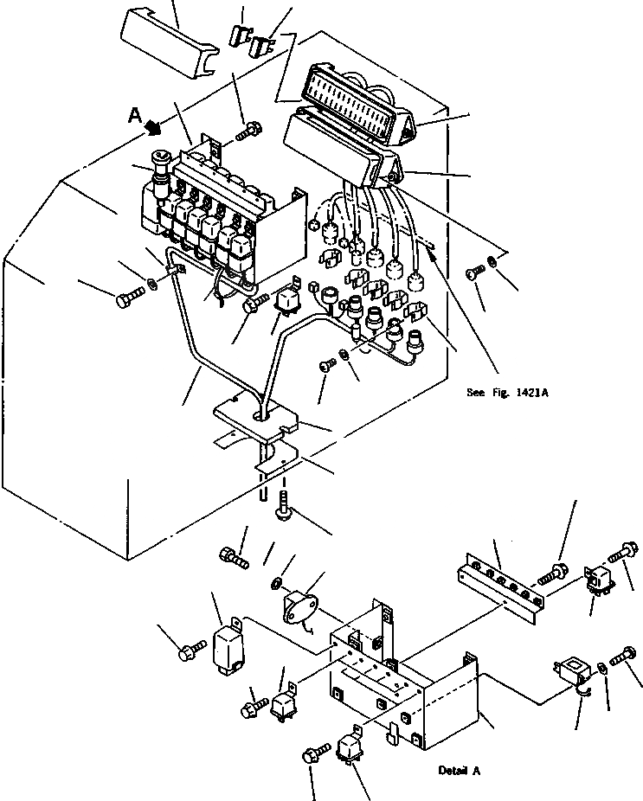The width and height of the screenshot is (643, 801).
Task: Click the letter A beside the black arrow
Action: click(x=133, y=113)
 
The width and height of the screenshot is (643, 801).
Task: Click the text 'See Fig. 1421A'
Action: click(x=507, y=392)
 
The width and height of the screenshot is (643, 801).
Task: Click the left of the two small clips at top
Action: click(x=238, y=35)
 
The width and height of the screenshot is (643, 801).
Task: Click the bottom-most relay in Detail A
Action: click(x=350, y=745)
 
